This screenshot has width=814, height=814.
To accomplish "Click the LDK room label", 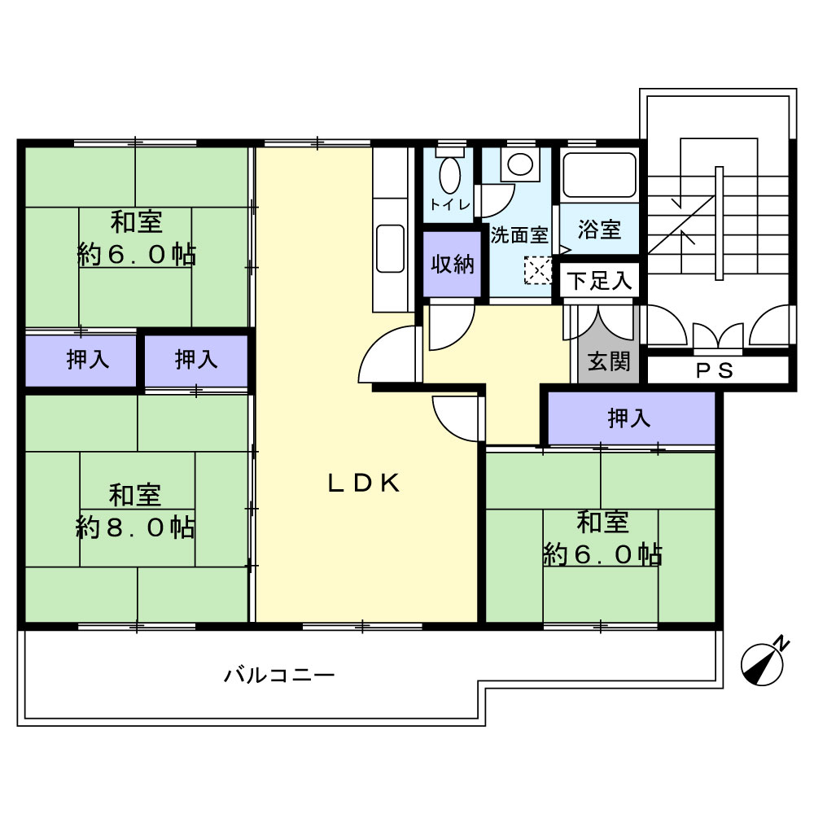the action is tap(364, 484).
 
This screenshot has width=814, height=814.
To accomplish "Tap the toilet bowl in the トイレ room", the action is tap(449, 174).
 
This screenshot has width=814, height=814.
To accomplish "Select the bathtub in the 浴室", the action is tap(599, 175).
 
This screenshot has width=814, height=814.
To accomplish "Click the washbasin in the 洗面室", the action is tap(520, 164).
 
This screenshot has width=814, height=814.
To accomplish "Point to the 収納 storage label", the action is tap(452, 265).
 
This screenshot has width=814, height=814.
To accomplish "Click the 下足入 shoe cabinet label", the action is tap(599, 281).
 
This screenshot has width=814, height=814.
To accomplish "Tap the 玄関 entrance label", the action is tap(609, 361).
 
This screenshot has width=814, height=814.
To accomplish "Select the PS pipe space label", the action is tap(715, 370).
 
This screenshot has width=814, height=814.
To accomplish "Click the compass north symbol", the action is tap(762, 664).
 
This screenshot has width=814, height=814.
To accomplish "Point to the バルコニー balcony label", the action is tap(279, 676).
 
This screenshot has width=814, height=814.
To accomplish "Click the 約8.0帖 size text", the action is tap(135, 527).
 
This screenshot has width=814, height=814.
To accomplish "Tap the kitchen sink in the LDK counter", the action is tap(390, 248).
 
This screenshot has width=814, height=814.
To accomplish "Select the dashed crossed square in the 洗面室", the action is tap(537, 270).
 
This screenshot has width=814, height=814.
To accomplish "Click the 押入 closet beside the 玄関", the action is tap(629, 418).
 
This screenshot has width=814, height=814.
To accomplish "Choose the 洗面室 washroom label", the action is tap(519, 235).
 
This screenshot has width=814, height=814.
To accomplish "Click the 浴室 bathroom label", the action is tap(600, 229).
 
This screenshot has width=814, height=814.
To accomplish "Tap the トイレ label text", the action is tap(449, 204).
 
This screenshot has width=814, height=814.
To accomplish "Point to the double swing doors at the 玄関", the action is tap(599, 323).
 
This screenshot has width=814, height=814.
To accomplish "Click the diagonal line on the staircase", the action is tap(681, 225).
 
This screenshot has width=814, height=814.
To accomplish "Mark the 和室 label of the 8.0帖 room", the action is tap(135, 495).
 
